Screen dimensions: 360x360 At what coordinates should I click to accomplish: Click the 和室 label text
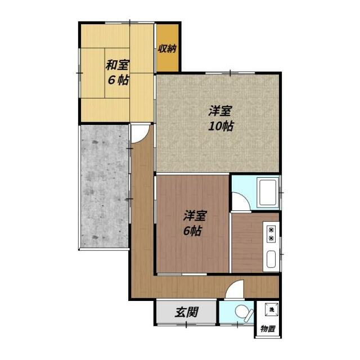point(118,65)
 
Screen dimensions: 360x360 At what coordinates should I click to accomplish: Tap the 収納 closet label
point(168,48)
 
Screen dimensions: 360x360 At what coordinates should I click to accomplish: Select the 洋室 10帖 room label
point(220,118)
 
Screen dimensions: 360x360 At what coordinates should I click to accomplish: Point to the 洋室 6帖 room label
point(194,223)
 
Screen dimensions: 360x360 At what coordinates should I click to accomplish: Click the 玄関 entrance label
point(186,312)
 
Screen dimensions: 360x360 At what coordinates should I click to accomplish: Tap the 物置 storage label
point(268,329)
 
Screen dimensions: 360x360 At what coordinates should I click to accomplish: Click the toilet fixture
point(244,313)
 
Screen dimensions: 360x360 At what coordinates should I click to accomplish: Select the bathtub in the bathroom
point(268,192)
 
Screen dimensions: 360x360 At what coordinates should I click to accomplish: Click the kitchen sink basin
point(271,259)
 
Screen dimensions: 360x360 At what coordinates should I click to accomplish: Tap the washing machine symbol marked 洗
point(272,309)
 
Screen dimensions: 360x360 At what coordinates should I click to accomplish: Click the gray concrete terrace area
point(105,186)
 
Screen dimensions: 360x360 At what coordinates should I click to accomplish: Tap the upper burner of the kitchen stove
point(271,229)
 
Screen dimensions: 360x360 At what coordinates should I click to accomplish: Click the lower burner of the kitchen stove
point(271,238)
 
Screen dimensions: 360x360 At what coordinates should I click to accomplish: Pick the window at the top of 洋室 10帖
point(230,73)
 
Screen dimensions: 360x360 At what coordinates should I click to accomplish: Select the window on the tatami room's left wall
point(79,73)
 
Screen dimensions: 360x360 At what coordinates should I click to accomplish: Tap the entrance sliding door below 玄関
point(186,325)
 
